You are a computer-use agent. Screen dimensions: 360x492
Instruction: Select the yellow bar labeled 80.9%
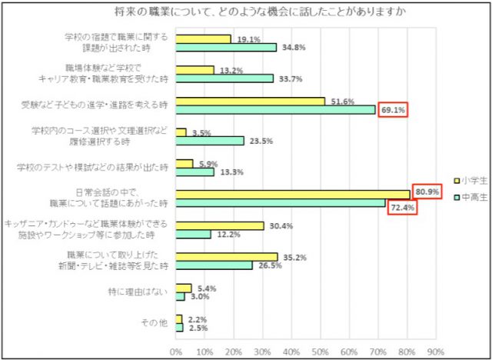point(292,194)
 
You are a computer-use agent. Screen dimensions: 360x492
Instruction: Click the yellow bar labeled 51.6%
point(250,101)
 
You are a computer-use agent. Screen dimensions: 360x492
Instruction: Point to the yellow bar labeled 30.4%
point(219,225)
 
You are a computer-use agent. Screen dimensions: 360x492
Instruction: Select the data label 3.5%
point(201,132)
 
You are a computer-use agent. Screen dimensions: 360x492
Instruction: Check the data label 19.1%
point(247,38)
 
